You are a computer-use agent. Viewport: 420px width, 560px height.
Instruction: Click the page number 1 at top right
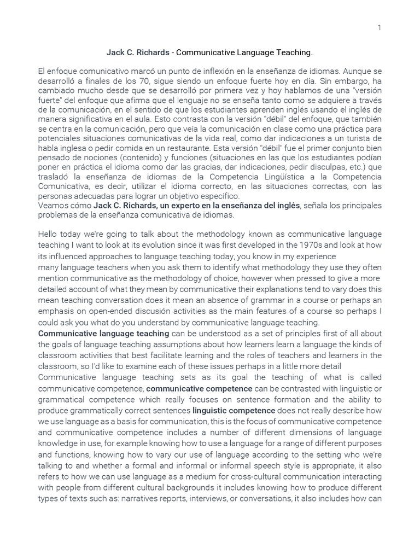click(x=378, y=28)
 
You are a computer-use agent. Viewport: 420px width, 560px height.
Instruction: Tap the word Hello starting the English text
click(x=49, y=234)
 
